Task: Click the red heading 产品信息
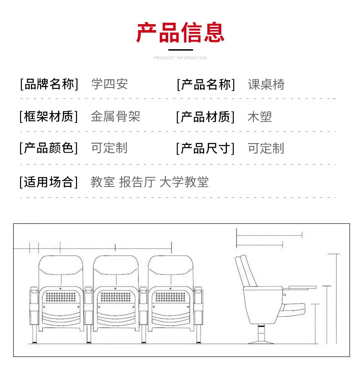coord(180,32)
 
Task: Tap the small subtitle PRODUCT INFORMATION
coord(180,58)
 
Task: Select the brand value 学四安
coord(109,84)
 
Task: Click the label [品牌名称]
coord(49,84)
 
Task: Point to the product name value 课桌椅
coord(266,84)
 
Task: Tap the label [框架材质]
coord(49,117)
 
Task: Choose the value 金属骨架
coord(115,117)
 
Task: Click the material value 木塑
coord(259,117)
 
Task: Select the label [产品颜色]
coord(49,148)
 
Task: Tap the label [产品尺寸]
coord(206,148)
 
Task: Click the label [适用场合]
coord(49,182)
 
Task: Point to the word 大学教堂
coord(184,182)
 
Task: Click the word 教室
coord(103,182)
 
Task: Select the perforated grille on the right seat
coord(170,297)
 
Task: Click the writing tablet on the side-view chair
coord(301,287)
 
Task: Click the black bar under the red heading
coord(180,49)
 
